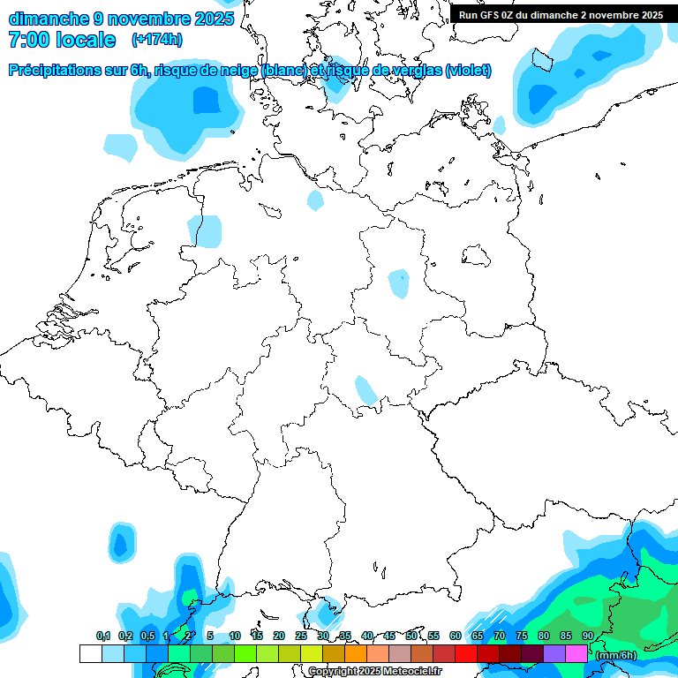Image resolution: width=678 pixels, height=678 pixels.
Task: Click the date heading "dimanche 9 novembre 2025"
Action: pyautogui.click(x=121, y=19)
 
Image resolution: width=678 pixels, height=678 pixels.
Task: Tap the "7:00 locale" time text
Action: pyautogui.click(x=62, y=40)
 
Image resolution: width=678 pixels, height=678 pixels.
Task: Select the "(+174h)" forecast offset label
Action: pyautogui.click(x=156, y=40)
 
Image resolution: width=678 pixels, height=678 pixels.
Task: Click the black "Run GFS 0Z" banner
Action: pyautogui.click(x=561, y=15)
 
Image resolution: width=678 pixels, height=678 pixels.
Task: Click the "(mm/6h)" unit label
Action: pyautogui.click(x=616, y=655)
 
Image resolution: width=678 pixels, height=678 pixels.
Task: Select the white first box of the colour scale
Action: pyautogui.click(x=90, y=653)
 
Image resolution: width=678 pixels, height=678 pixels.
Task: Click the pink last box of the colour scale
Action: pyautogui.click(x=576, y=653)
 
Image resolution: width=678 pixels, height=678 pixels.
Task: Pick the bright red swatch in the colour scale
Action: pyautogui.click(x=466, y=653)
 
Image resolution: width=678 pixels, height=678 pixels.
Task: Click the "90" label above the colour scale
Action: pyautogui.click(x=587, y=636)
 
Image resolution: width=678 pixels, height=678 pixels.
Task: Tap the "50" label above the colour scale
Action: pyautogui.click(x=411, y=636)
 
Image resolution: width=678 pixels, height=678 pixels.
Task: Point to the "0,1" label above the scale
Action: pyautogui.click(x=103, y=636)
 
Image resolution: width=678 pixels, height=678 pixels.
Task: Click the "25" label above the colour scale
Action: pyautogui.click(x=301, y=636)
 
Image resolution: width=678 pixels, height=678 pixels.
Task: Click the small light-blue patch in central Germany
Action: pyautogui.click(x=399, y=282)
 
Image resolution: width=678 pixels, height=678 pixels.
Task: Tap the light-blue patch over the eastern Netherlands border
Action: pyautogui.click(x=206, y=230)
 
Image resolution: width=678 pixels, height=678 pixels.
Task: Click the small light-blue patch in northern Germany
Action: pyautogui.click(x=315, y=200)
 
